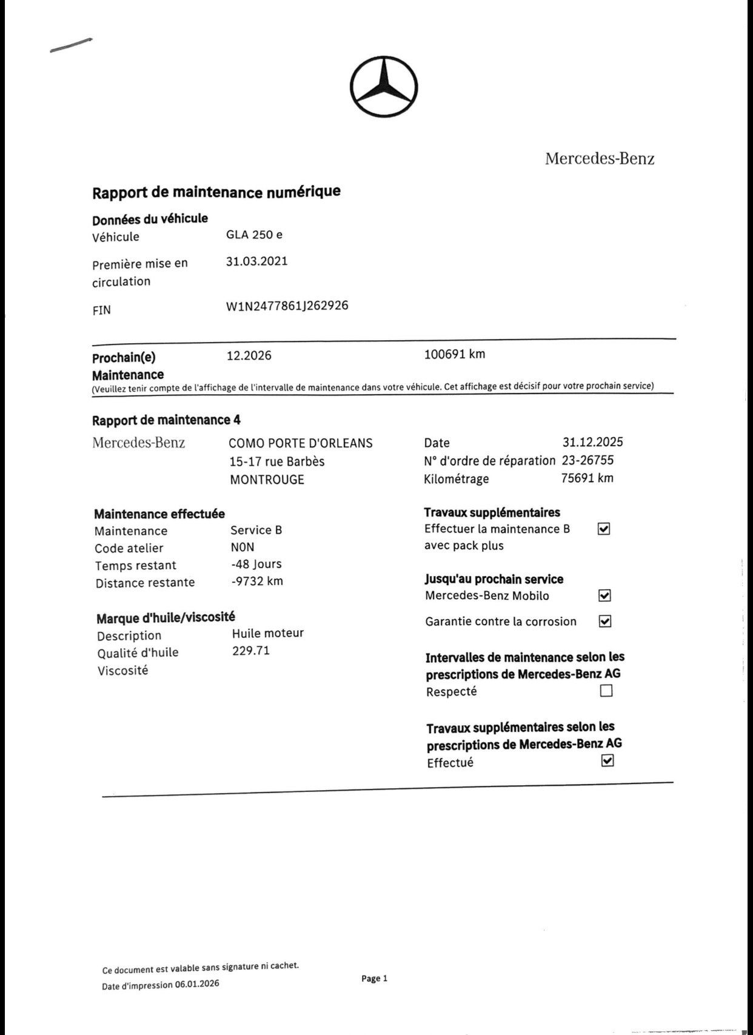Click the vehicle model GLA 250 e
click(x=254, y=235)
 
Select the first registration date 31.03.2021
click(x=256, y=261)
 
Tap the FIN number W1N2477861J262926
click(x=287, y=306)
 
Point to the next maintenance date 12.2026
click(x=249, y=355)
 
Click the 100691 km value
click(x=454, y=354)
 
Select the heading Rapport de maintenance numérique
click(x=216, y=192)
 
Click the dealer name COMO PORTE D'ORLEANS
click(x=300, y=443)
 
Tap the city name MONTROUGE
click(x=267, y=480)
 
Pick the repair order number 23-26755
click(x=587, y=460)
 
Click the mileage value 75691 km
click(x=587, y=478)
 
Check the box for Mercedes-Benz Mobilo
click(x=604, y=595)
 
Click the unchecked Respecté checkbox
click(x=606, y=691)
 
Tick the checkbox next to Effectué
click(x=607, y=760)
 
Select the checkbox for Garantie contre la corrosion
click(x=604, y=621)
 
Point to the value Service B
click(x=256, y=530)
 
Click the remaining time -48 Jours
click(x=256, y=564)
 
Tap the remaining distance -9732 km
click(x=257, y=581)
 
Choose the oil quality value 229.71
click(x=250, y=651)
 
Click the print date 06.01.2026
click(x=197, y=983)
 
